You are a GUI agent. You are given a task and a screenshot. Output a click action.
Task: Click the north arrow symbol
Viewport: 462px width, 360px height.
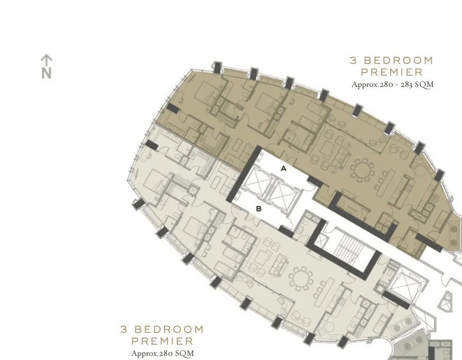[47, 60]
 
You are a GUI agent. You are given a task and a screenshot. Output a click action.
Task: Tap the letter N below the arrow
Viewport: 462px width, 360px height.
[47, 73]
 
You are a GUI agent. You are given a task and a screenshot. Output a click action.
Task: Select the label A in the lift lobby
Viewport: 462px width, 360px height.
[284, 168]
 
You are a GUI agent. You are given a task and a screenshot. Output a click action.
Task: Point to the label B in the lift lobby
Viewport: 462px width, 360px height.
[259, 208]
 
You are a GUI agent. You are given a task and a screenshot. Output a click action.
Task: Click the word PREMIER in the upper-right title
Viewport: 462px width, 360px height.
[392, 73]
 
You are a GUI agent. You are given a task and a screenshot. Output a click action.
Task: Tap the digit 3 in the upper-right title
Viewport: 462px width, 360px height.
[353, 60]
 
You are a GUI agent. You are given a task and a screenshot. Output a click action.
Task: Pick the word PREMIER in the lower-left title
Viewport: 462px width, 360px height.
[163, 341]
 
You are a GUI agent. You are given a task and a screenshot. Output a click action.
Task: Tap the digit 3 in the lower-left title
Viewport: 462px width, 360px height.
[124, 329]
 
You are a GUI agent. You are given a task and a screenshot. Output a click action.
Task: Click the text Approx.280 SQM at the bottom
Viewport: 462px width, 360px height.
[163, 353]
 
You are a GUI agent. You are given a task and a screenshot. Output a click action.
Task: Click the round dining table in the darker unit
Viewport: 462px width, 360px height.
[362, 169]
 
